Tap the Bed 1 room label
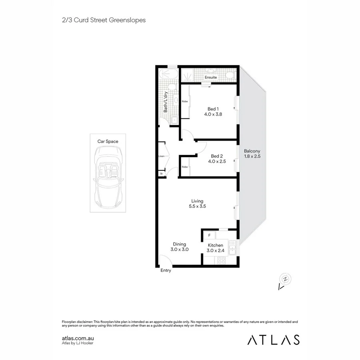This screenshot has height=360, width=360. click(213, 109)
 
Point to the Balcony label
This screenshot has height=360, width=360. click(252, 151)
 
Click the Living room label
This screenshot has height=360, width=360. click(197, 201)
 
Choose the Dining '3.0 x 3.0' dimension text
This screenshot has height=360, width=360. click(180, 249)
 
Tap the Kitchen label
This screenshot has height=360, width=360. click(215, 245)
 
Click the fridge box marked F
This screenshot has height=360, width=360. click(210, 235)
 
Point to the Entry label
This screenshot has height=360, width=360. click(166, 270)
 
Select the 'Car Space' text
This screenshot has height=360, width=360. click(108, 141)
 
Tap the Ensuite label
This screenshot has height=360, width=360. click(211, 77)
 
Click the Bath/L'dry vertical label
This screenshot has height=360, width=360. click(165, 102)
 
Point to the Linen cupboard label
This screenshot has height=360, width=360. click(162, 156)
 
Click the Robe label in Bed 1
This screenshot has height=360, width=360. click(185, 102)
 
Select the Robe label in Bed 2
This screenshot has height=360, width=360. click(185, 167)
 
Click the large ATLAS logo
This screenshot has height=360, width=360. click(273, 340)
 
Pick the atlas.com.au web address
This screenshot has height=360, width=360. click(78, 338)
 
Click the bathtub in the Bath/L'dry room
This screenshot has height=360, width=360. click(168, 74)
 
